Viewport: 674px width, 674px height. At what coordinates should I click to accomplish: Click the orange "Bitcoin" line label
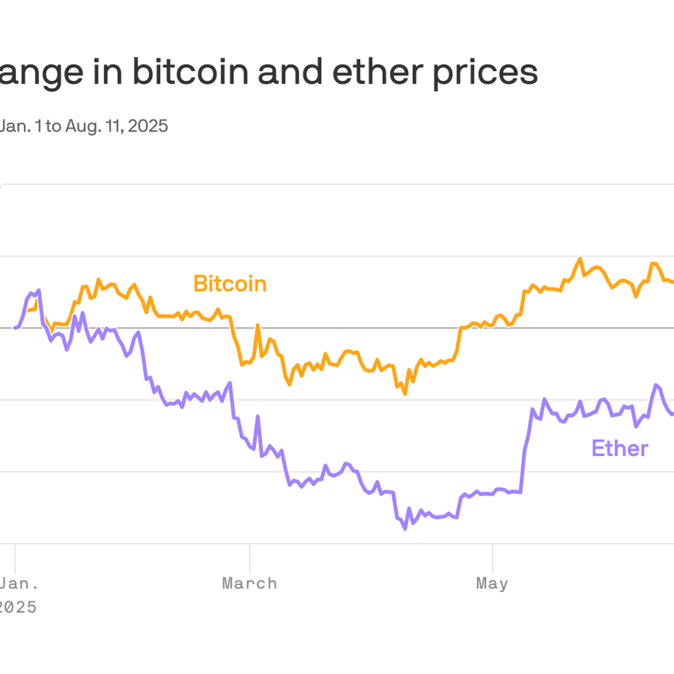pyautogui.click(x=230, y=284)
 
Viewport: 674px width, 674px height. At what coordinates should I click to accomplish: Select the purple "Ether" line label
pyautogui.click(x=619, y=448)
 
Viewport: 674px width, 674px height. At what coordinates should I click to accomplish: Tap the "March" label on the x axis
pyautogui.click(x=249, y=583)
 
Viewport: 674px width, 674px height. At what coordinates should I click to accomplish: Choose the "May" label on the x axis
pyautogui.click(x=492, y=583)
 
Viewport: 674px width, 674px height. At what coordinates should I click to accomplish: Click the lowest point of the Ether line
pyautogui.click(x=405, y=529)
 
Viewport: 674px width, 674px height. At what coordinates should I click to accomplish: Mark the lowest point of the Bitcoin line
pyautogui.click(x=405, y=394)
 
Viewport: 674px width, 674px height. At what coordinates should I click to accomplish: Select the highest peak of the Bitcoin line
pyautogui.click(x=580, y=258)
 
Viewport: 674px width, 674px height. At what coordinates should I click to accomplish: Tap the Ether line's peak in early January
pyautogui.click(x=39, y=290)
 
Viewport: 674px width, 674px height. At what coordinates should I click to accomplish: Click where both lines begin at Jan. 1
pyautogui.click(x=15, y=328)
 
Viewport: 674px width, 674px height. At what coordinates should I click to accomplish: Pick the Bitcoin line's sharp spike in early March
pyautogui.click(x=257, y=325)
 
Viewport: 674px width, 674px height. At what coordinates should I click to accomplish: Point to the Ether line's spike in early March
pyautogui.click(x=257, y=416)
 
